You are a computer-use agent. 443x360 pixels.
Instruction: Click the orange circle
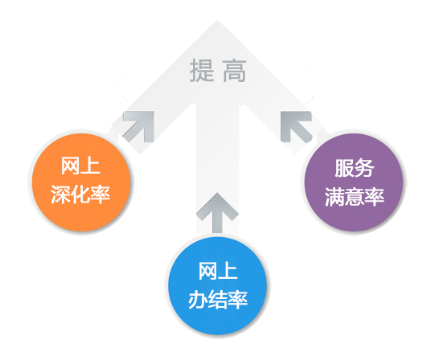point(81,182)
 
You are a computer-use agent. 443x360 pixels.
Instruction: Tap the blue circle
point(217,285)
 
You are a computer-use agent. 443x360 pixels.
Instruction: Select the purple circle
point(354,182)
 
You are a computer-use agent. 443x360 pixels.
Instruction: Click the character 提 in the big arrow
point(202,70)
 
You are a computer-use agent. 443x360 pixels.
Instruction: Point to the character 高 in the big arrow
point(235,71)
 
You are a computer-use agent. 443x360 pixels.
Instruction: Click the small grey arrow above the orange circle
point(138,126)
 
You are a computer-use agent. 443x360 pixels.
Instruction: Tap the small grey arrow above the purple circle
point(297,126)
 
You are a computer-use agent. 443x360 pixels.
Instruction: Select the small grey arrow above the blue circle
point(217,213)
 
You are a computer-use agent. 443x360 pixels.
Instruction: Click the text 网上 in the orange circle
point(80,166)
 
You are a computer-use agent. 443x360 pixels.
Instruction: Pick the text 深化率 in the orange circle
point(80,194)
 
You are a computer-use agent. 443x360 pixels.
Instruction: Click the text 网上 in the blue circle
point(218,271)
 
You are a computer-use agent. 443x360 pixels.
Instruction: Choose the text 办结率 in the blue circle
point(218,299)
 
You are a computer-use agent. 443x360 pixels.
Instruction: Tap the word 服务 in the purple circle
point(355,168)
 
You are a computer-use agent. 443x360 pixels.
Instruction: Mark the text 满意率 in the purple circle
point(355,197)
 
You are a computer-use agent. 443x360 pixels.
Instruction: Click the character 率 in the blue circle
point(238,299)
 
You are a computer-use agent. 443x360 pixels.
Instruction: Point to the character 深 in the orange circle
point(60,194)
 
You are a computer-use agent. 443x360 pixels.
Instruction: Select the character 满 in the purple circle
point(334,197)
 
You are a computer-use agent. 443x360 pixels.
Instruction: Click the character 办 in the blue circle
point(198,300)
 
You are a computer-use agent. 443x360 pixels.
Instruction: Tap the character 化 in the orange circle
point(80,194)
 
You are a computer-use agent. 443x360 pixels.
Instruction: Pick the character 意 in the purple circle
point(355,197)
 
